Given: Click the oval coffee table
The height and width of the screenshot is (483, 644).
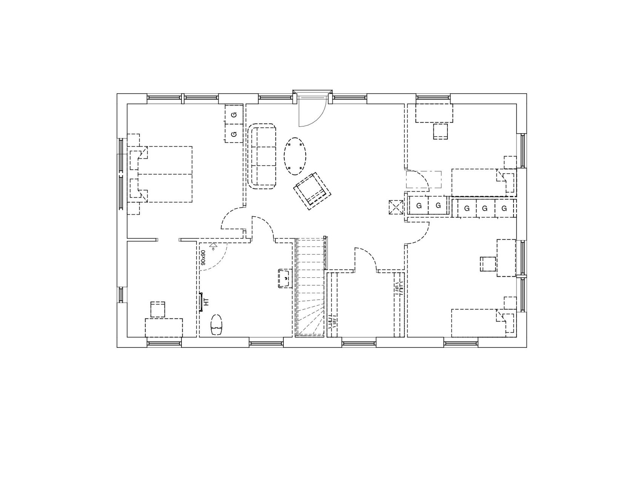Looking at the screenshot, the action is coord(295,156).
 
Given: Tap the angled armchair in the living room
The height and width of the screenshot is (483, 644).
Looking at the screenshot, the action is coord(312,191).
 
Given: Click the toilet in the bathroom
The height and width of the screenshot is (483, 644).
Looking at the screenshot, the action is coord(217,325).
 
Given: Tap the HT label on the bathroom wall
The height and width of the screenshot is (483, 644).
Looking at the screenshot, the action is coord(206,302).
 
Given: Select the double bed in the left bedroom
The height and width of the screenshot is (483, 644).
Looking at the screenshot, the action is coord(165,174).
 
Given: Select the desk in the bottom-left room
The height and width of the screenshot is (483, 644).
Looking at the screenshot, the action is coord(164,328).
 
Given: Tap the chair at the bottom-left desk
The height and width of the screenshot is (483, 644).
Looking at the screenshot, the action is coord(158,309).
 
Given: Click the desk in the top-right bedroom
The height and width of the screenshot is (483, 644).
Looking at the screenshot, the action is coord(434,113).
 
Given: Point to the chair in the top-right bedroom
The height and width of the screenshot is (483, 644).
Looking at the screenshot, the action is coord(441,132).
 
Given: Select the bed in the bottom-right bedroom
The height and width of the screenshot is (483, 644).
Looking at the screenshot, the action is coord(483,323).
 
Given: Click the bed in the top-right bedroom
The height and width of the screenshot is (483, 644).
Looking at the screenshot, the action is coord(483,183).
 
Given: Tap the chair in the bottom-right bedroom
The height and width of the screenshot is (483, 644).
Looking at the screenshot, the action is coord(488,264).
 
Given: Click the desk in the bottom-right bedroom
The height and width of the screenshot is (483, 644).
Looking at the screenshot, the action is coord(506,258).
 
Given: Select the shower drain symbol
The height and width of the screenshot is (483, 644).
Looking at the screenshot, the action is coord(214,246).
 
